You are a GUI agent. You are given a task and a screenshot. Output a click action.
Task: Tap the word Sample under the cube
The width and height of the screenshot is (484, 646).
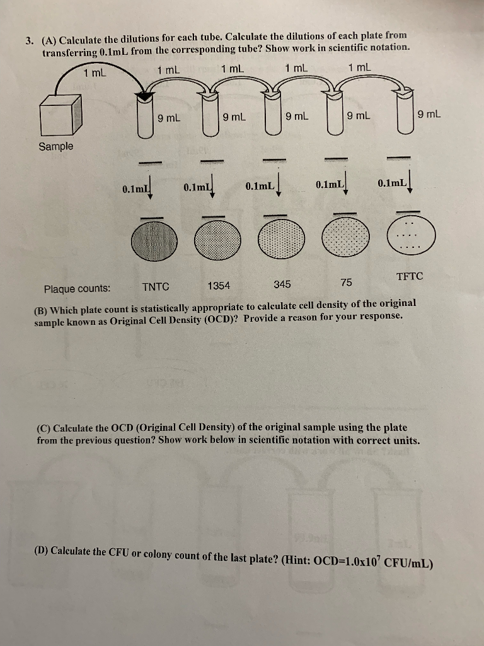point(56,146)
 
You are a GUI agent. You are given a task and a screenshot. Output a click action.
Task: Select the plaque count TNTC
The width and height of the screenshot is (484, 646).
point(156,286)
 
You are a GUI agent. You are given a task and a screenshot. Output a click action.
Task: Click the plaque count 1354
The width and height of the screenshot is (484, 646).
point(219,285)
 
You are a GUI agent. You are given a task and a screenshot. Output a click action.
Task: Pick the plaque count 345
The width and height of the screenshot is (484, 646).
point(282,284)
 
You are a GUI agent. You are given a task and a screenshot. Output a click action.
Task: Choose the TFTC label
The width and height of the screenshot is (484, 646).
point(410,276)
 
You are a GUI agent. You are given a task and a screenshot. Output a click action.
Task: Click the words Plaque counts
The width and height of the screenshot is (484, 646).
point(77,289)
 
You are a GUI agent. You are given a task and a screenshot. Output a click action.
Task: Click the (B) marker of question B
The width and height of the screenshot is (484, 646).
point(42,310)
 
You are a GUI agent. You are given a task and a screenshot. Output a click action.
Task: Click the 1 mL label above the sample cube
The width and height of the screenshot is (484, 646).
point(95,73)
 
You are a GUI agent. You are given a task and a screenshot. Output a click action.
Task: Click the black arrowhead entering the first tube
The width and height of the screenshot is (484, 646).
point(146,97)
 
